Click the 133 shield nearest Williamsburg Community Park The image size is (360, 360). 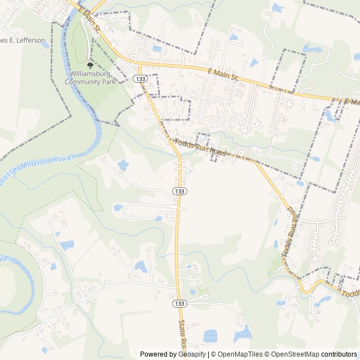pos(139,79)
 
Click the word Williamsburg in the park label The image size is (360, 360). pos(89,74)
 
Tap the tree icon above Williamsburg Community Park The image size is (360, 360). pos(90,65)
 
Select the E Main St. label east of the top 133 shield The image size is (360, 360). pos(223,74)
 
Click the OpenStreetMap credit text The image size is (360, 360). pos(295,354)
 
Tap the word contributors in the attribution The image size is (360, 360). pos(339,354)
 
